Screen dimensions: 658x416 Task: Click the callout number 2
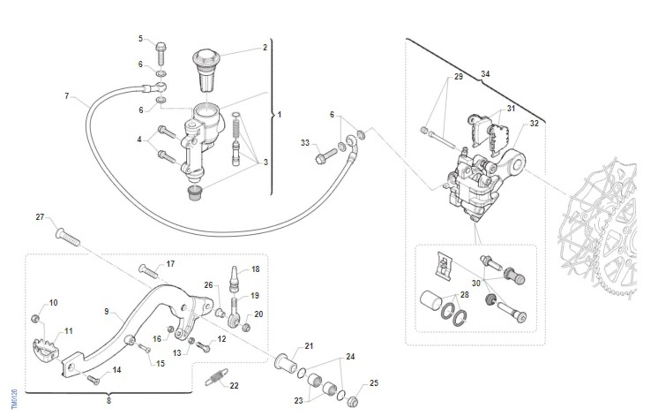[265, 48]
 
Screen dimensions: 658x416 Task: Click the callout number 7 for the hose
[67, 96]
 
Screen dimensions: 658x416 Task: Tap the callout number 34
[485, 74]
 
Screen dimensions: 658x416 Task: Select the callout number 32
[534, 123]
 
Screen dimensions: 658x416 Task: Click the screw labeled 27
[67, 237]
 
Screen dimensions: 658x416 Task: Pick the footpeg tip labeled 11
[46, 348]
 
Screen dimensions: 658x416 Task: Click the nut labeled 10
[35, 318]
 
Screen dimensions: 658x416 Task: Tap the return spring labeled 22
[217, 377]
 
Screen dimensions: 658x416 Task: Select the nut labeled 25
[352, 402]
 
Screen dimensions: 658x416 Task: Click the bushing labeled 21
[286, 363]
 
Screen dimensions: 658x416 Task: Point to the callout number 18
[256, 269]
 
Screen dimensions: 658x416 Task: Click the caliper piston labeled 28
[430, 299]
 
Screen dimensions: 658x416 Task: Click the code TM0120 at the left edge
[14, 399]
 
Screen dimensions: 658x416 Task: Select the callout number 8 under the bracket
[109, 401]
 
